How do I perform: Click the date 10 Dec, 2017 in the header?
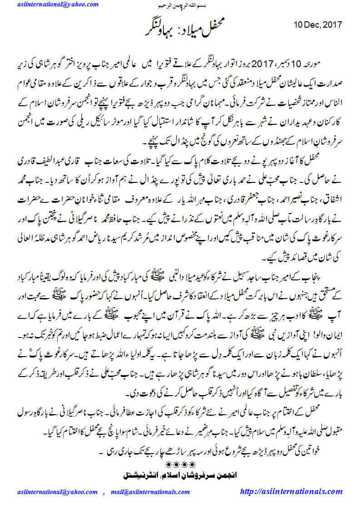317,24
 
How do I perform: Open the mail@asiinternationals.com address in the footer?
149,492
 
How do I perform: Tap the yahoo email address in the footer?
59,492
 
